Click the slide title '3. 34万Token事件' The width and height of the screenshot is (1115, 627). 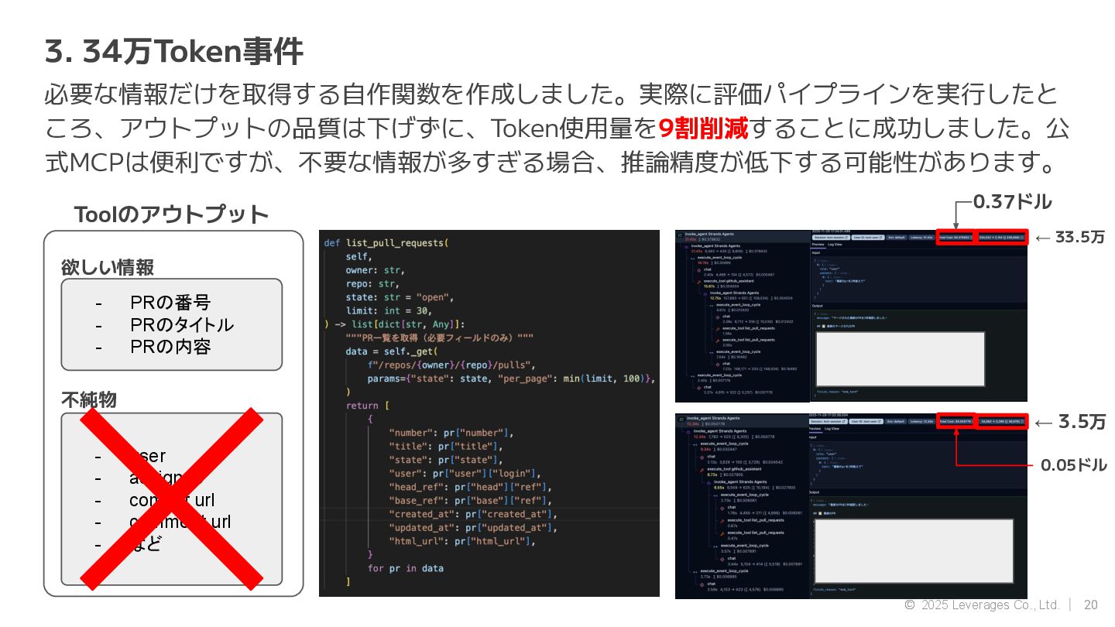[x=174, y=53]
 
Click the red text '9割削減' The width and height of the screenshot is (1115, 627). [x=703, y=128]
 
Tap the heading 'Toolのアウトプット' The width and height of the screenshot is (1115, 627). [x=171, y=214]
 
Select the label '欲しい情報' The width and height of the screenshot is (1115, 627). [x=108, y=268]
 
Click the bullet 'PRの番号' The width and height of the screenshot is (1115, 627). [x=170, y=303]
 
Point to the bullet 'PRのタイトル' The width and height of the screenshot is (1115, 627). [x=181, y=324]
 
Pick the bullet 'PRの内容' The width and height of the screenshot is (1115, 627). [x=170, y=346]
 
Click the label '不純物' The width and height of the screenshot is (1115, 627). [x=89, y=399]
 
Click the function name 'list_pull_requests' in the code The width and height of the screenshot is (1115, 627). [x=396, y=243]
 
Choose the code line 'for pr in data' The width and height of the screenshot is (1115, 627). [x=406, y=568]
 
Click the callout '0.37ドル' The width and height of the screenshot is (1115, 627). [x=1012, y=202]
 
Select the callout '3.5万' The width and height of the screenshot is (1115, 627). [x=1082, y=422]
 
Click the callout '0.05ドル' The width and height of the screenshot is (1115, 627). [x=1073, y=465]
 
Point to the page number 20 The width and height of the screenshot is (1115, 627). [x=1090, y=605]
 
